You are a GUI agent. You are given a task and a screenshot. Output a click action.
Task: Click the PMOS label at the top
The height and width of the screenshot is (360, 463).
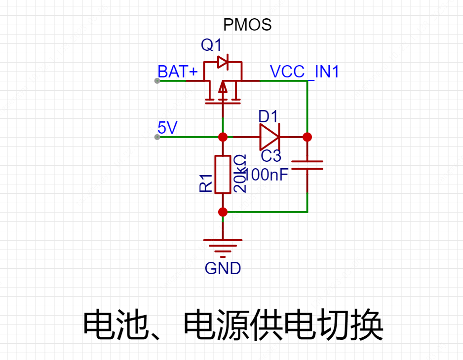(x=247, y=25)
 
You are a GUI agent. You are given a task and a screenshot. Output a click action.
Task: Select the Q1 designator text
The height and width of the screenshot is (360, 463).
(x=211, y=45)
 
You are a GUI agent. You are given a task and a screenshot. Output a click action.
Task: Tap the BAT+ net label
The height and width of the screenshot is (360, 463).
(x=178, y=72)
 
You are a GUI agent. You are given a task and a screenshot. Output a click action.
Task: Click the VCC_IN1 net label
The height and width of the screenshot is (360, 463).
(x=305, y=72)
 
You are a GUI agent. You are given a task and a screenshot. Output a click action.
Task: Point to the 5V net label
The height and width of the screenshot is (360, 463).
(x=167, y=128)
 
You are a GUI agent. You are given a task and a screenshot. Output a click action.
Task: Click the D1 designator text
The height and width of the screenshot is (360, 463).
(x=269, y=117)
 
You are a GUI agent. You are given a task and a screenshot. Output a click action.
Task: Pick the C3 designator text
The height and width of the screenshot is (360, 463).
(x=271, y=156)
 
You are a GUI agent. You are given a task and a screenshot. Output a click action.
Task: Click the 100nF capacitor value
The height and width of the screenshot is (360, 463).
(x=267, y=174)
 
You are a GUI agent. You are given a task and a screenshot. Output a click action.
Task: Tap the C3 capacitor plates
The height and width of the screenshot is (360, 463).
(x=307, y=165)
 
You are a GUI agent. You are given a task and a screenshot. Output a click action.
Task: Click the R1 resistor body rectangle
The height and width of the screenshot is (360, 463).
(x=223, y=175)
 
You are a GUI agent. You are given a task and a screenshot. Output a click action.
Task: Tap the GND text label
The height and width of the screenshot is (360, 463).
(x=223, y=268)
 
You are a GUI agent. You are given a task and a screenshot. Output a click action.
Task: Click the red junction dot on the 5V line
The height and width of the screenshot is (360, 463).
(x=223, y=137)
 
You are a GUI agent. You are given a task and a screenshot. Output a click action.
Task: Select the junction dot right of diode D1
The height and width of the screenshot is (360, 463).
(x=307, y=137)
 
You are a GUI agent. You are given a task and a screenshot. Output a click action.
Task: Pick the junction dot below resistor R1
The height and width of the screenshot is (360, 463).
(x=223, y=212)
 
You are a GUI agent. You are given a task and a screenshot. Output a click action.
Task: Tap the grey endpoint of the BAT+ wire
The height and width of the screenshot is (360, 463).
(x=157, y=81)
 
